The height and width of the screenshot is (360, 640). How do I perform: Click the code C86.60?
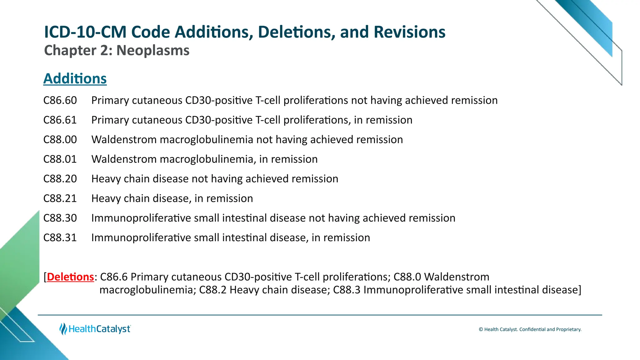point(60,101)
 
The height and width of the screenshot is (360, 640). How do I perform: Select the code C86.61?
point(60,120)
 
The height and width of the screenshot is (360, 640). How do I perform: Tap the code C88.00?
point(60,140)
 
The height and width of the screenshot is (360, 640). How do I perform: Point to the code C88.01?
point(60,159)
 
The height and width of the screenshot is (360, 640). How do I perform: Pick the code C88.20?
point(60,179)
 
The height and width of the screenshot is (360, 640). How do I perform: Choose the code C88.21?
point(60,199)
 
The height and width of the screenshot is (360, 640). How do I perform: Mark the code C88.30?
point(60,218)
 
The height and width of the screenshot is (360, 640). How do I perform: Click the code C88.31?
point(60,238)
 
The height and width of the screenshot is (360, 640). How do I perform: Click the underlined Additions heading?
point(75,78)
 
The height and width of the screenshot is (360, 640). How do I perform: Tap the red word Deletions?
point(70,277)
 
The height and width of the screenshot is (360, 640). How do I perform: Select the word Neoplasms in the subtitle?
point(153,51)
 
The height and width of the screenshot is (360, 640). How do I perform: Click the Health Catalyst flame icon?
point(63,329)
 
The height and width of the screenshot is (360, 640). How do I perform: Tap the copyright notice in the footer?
point(530,329)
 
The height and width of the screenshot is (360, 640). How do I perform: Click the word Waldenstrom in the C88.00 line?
point(124,140)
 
